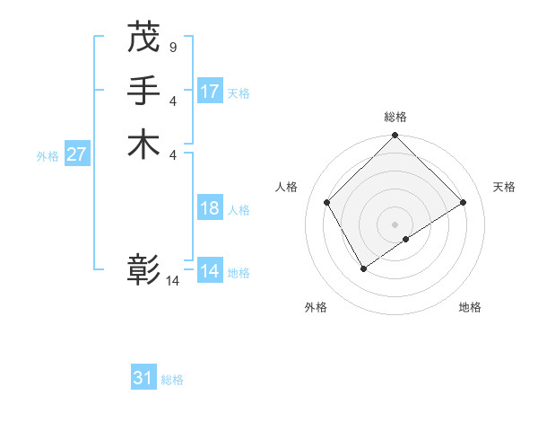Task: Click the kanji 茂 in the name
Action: point(143,37)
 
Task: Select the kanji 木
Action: point(143,145)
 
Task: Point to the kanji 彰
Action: point(143,270)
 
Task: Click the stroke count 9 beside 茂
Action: point(172,47)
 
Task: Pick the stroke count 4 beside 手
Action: point(172,101)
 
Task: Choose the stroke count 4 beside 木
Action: point(172,154)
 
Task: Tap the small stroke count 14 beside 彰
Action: point(172,281)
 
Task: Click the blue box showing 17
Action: point(210,92)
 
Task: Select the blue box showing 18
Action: point(210,208)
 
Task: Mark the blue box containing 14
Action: point(210,271)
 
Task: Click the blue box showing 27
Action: point(77,154)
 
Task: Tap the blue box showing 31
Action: point(143,378)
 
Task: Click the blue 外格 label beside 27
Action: point(48,155)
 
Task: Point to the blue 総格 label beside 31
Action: point(172,380)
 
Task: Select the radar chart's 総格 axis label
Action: point(395,117)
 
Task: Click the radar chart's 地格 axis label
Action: point(470,308)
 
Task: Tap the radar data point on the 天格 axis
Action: point(464,203)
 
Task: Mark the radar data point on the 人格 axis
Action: point(327,202)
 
